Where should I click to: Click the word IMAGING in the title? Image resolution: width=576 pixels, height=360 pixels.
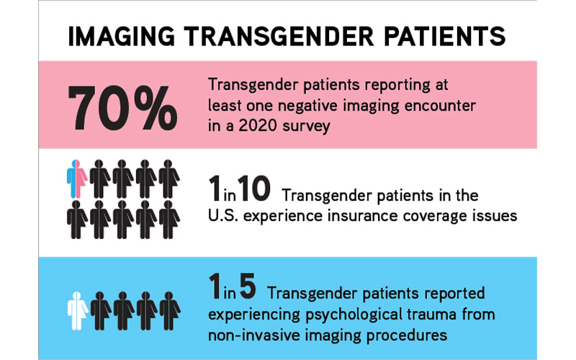[120, 37]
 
